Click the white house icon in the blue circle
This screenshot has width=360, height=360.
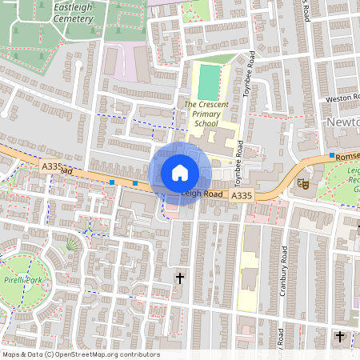[180, 173]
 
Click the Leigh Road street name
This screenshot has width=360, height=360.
[200, 193]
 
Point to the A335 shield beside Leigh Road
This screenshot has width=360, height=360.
[242, 195]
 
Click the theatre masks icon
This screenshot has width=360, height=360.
[303, 182]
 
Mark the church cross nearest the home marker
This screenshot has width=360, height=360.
[179, 278]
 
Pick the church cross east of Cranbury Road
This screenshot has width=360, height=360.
[340, 337]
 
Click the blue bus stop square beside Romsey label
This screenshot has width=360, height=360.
[331, 154]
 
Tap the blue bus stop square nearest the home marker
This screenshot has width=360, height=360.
[135, 184]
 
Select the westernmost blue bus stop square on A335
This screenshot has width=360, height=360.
[112, 182]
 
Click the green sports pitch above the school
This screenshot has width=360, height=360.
[208, 82]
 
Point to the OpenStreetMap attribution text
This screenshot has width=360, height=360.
[81, 354]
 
